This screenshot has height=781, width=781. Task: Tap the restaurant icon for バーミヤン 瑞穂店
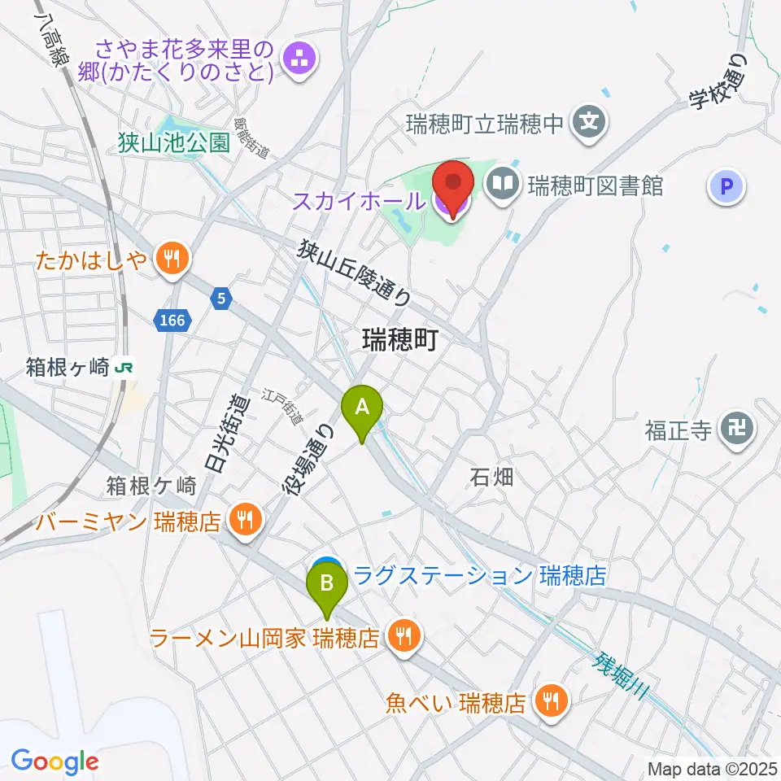(244, 518)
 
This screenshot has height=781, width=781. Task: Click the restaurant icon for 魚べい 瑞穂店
(552, 699)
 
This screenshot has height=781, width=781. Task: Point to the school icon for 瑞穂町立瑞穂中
(588, 124)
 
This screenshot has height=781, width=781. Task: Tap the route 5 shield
(221, 299)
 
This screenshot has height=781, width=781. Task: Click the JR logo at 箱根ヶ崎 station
(125, 367)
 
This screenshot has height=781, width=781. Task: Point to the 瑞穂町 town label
(400, 339)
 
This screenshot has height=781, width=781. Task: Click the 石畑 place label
(491, 477)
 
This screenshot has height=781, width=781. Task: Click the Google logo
(55, 761)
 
